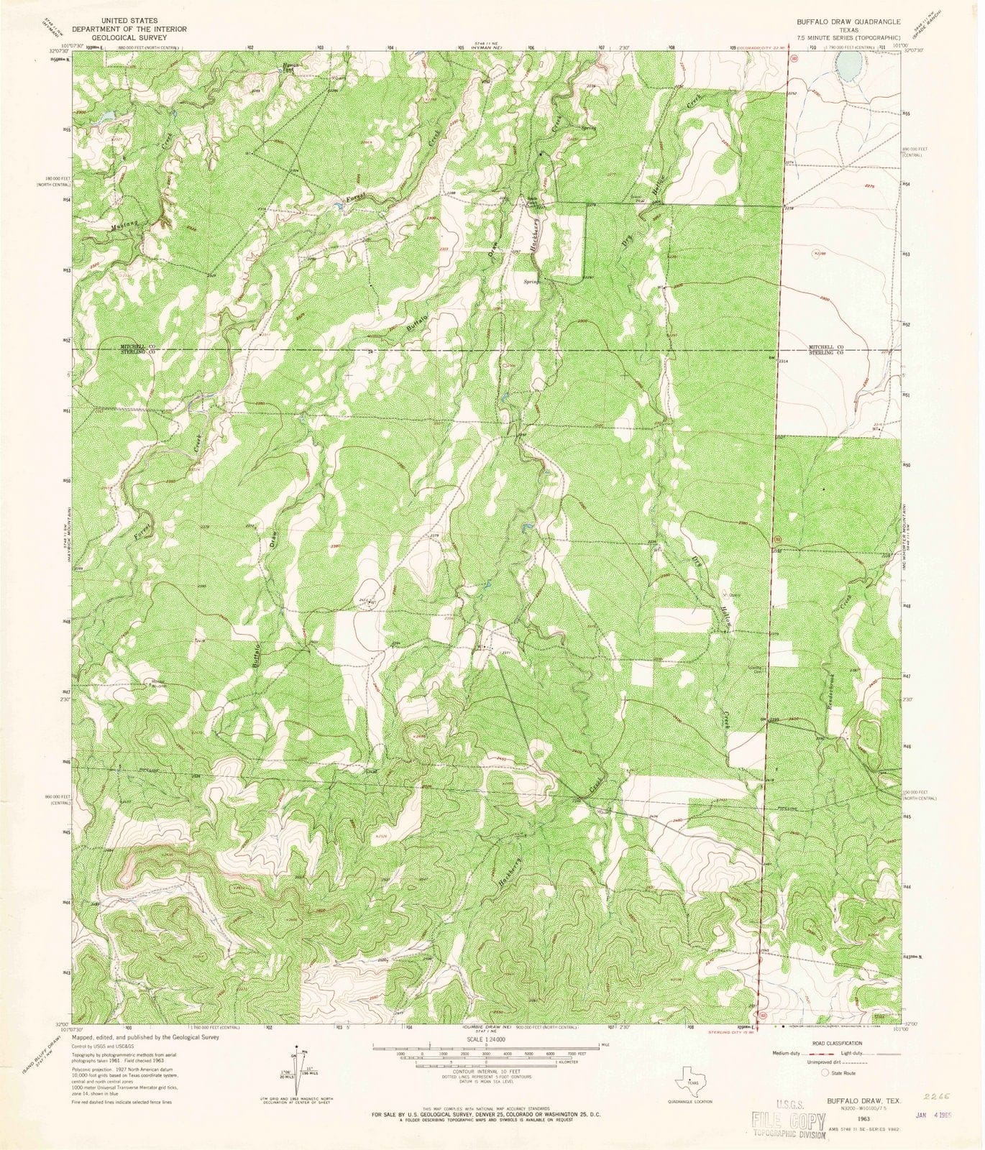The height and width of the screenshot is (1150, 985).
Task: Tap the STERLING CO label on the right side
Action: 829,353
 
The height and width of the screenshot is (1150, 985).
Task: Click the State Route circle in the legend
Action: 825,1072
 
